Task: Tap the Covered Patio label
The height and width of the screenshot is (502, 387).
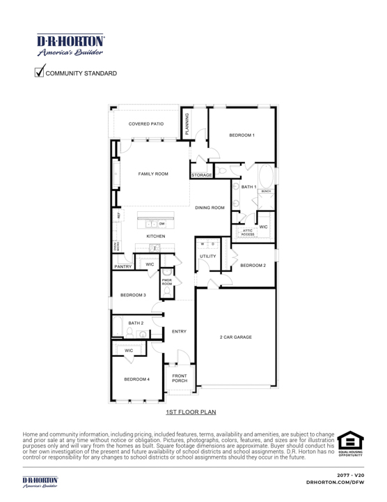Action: click(x=146, y=123)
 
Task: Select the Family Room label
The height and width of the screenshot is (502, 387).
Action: click(x=153, y=174)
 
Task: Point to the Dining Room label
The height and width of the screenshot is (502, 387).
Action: click(x=210, y=208)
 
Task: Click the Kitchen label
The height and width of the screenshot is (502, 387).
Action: click(x=155, y=237)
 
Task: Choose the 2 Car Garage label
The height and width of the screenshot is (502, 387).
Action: click(x=236, y=337)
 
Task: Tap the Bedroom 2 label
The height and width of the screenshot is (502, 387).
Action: click(x=253, y=266)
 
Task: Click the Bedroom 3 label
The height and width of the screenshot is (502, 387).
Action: click(x=132, y=296)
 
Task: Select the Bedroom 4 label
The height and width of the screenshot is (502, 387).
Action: click(x=137, y=379)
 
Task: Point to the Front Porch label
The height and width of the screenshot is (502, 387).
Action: click(x=179, y=379)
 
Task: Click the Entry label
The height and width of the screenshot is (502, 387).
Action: click(x=179, y=331)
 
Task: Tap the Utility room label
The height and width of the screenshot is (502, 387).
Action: click(x=208, y=257)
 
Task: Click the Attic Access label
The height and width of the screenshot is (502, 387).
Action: click(x=248, y=233)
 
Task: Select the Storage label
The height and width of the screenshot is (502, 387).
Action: click(x=201, y=175)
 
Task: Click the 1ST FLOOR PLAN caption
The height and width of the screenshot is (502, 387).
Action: click(x=191, y=412)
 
